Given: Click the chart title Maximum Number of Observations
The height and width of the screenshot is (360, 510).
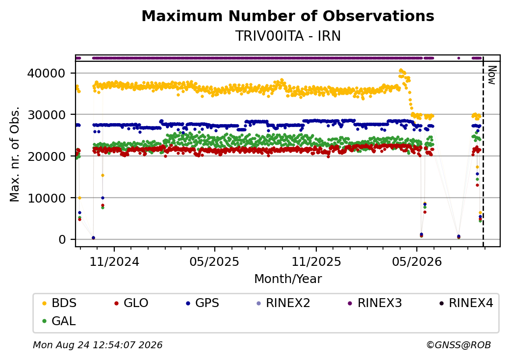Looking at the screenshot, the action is (288, 16).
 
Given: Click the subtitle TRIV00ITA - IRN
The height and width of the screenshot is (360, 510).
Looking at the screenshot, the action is (288, 36).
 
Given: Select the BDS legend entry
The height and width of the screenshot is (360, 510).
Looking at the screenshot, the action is (59, 303).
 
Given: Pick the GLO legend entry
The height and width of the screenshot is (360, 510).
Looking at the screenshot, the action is (131, 303).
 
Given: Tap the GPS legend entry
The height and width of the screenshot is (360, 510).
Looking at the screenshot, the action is (203, 303).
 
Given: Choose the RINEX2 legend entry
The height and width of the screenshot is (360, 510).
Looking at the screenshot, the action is (283, 303).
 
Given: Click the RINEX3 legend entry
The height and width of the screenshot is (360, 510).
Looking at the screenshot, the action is (375, 303).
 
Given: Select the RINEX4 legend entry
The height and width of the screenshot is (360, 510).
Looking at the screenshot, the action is (466, 303).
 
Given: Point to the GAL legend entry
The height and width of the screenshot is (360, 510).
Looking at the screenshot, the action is (59, 321).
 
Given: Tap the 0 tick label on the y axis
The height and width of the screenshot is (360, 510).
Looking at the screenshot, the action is (62, 240).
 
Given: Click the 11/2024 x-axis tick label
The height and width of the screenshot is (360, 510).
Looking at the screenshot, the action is (114, 262).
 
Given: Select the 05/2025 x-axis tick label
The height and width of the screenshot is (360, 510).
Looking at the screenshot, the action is (214, 262).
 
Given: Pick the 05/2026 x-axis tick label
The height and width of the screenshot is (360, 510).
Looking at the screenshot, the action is (417, 262).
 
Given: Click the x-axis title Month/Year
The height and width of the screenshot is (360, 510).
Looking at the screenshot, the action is (288, 279).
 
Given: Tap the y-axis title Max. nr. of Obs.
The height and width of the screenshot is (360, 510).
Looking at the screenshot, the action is (15, 154).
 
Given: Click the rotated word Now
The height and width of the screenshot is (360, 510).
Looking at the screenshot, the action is (492, 75).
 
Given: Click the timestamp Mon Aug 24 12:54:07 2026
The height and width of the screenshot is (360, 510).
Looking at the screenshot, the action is (98, 345).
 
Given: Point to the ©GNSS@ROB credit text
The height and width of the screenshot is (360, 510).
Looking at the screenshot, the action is (459, 345).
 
